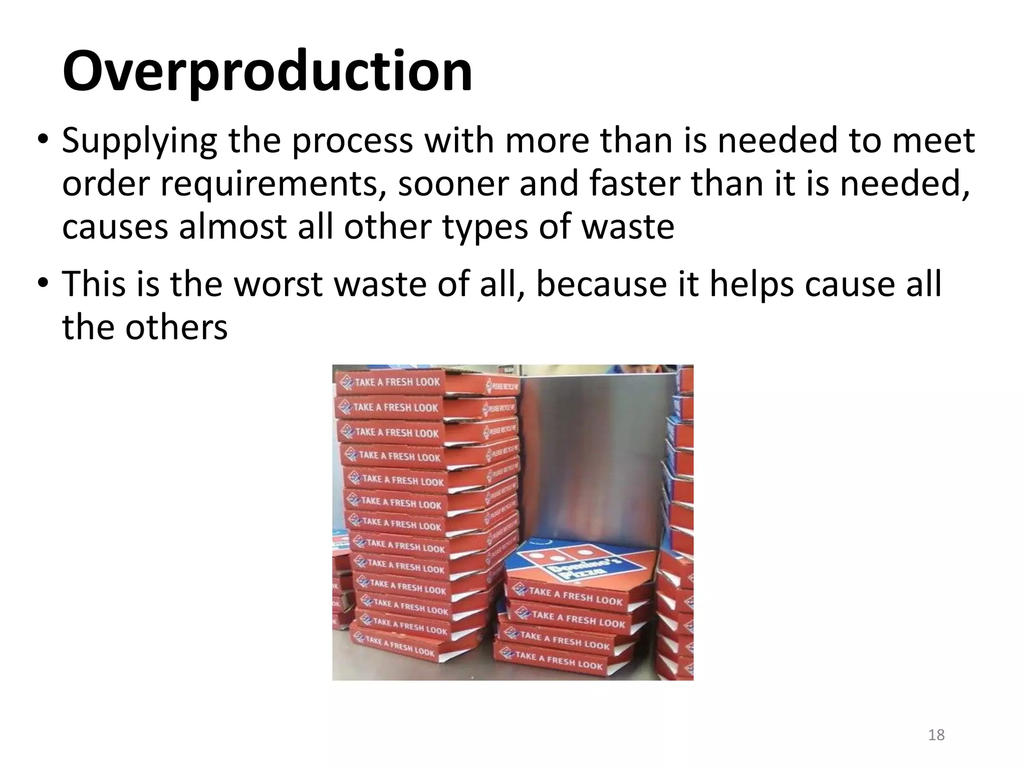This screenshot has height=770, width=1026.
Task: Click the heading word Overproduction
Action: coord(267,71)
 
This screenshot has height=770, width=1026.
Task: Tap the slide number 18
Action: coord(936,735)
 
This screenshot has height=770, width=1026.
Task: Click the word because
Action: coord(601,284)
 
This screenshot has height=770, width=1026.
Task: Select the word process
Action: coord(352,141)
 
